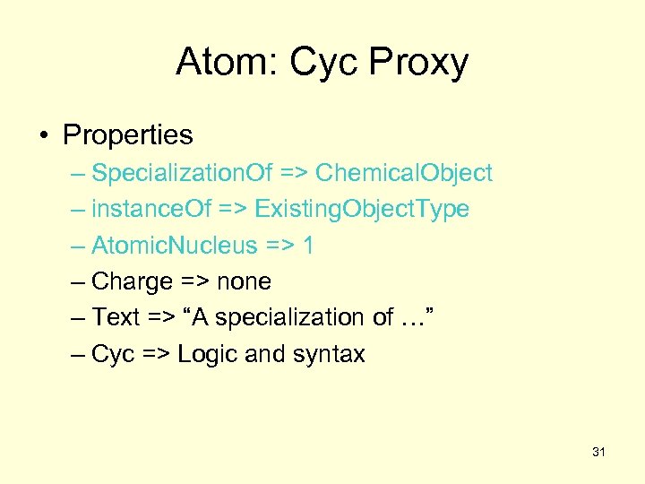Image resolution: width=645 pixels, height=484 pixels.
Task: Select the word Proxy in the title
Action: click(420, 62)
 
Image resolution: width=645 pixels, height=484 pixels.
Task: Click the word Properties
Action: click(127, 135)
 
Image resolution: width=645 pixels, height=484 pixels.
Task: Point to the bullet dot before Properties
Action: click(44, 136)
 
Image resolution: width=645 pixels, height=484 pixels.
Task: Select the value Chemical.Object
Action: click(403, 173)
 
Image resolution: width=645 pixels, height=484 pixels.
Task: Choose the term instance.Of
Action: click(151, 210)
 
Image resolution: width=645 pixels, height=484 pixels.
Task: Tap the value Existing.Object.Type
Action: click(362, 210)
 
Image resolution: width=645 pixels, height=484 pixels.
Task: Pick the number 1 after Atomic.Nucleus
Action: click(308, 246)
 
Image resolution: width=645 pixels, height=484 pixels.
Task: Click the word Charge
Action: click(132, 282)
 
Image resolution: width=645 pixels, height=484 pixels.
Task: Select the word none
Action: click(244, 282)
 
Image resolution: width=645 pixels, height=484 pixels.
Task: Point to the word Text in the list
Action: click(116, 318)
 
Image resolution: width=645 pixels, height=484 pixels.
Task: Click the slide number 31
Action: click(598, 453)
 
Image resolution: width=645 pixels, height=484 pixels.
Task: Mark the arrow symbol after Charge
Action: click(193, 282)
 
